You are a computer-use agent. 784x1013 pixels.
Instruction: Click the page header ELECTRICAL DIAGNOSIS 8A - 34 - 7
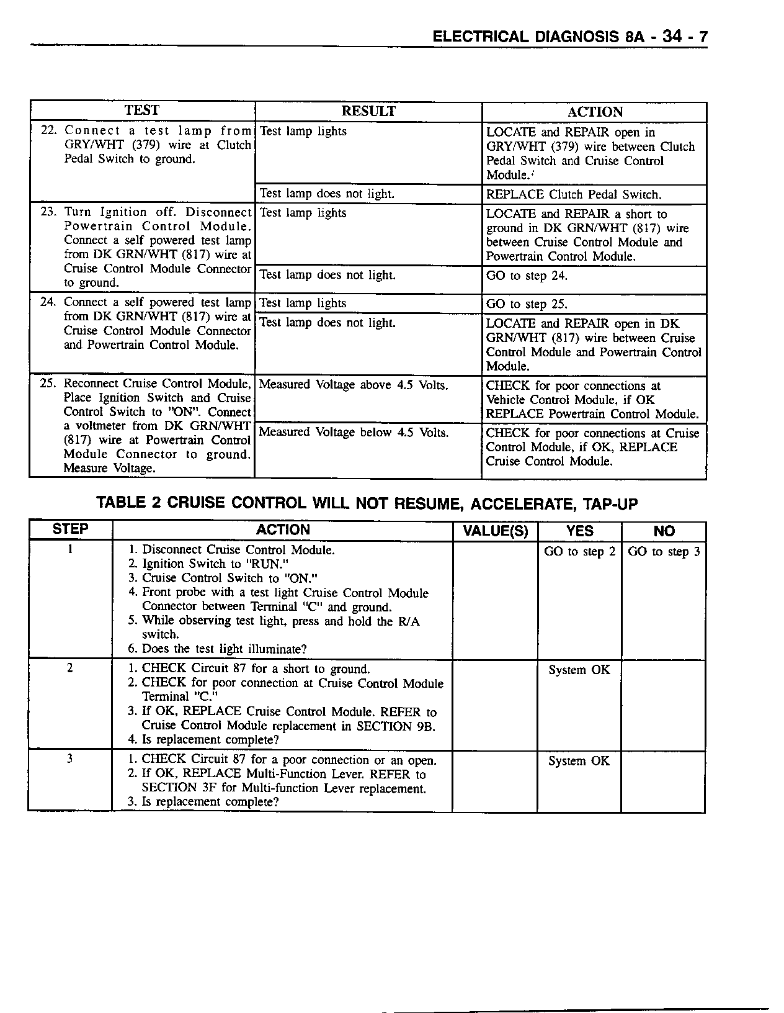[x=569, y=37]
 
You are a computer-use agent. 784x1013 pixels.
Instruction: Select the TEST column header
[x=141, y=110]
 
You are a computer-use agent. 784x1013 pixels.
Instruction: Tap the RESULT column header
[x=368, y=111]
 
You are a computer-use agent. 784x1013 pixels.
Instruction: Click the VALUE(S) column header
[x=496, y=531]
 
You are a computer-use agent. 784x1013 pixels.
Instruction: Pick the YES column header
[x=579, y=531]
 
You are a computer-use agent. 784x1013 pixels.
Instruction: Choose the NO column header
[x=664, y=531]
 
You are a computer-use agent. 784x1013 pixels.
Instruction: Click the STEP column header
[x=71, y=529]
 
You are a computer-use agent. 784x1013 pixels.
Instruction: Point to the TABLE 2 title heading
[x=367, y=503]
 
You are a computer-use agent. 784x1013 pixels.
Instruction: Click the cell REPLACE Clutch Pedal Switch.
[x=574, y=195]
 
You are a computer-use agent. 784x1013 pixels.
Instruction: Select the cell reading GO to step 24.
[x=527, y=276]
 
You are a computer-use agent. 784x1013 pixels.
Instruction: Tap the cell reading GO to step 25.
[x=527, y=304]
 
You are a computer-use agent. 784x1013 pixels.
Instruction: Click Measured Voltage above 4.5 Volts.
[x=353, y=385]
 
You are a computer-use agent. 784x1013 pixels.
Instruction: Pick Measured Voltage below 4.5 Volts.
[x=353, y=433]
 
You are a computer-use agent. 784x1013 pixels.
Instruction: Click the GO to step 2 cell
[x=579, y=552]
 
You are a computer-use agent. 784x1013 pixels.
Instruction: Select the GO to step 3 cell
[x=664, y=552]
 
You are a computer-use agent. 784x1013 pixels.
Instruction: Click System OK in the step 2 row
[x=579, y=670]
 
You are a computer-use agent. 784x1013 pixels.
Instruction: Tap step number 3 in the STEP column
[x=69, y=759]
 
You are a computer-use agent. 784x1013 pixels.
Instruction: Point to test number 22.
[x=49, y=130]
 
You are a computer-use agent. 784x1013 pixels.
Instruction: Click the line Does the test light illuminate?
[x=224, y=649]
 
